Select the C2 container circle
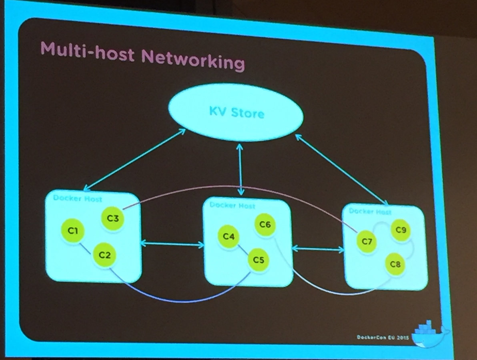click(x=104, y=255)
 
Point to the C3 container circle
click(x=113, y=218)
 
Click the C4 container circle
click(x=228, y=236)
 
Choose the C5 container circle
click(x=265, y=225)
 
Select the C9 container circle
click(x=401, y=230)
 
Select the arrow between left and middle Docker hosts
click(x=172, y=243)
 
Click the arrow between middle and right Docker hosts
click(x=318, y=249)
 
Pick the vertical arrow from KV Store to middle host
click(x=240, y=170)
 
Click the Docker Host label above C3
click(x=78, y=198)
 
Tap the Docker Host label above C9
click(x=370, y=211)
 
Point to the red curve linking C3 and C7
click(x=240, y=187)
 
